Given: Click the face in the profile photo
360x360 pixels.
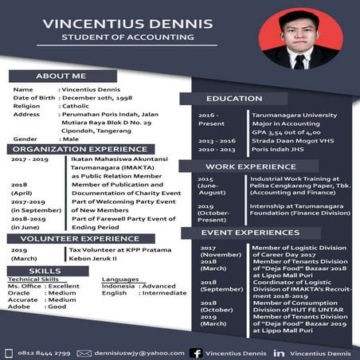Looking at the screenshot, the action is click(x=300, y=37).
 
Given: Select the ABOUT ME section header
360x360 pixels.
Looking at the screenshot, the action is click(x=61, y=76).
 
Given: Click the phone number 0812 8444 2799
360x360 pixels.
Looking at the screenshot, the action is click(x=45, y=351).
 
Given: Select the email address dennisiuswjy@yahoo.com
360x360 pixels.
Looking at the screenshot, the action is click(x=133, y=351).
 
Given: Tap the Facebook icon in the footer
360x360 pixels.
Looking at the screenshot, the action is click(x=195, y=351).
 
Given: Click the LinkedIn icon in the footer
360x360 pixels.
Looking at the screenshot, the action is click(x=280, y=351).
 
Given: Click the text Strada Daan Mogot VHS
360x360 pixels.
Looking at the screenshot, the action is click(x=265, y=140).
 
